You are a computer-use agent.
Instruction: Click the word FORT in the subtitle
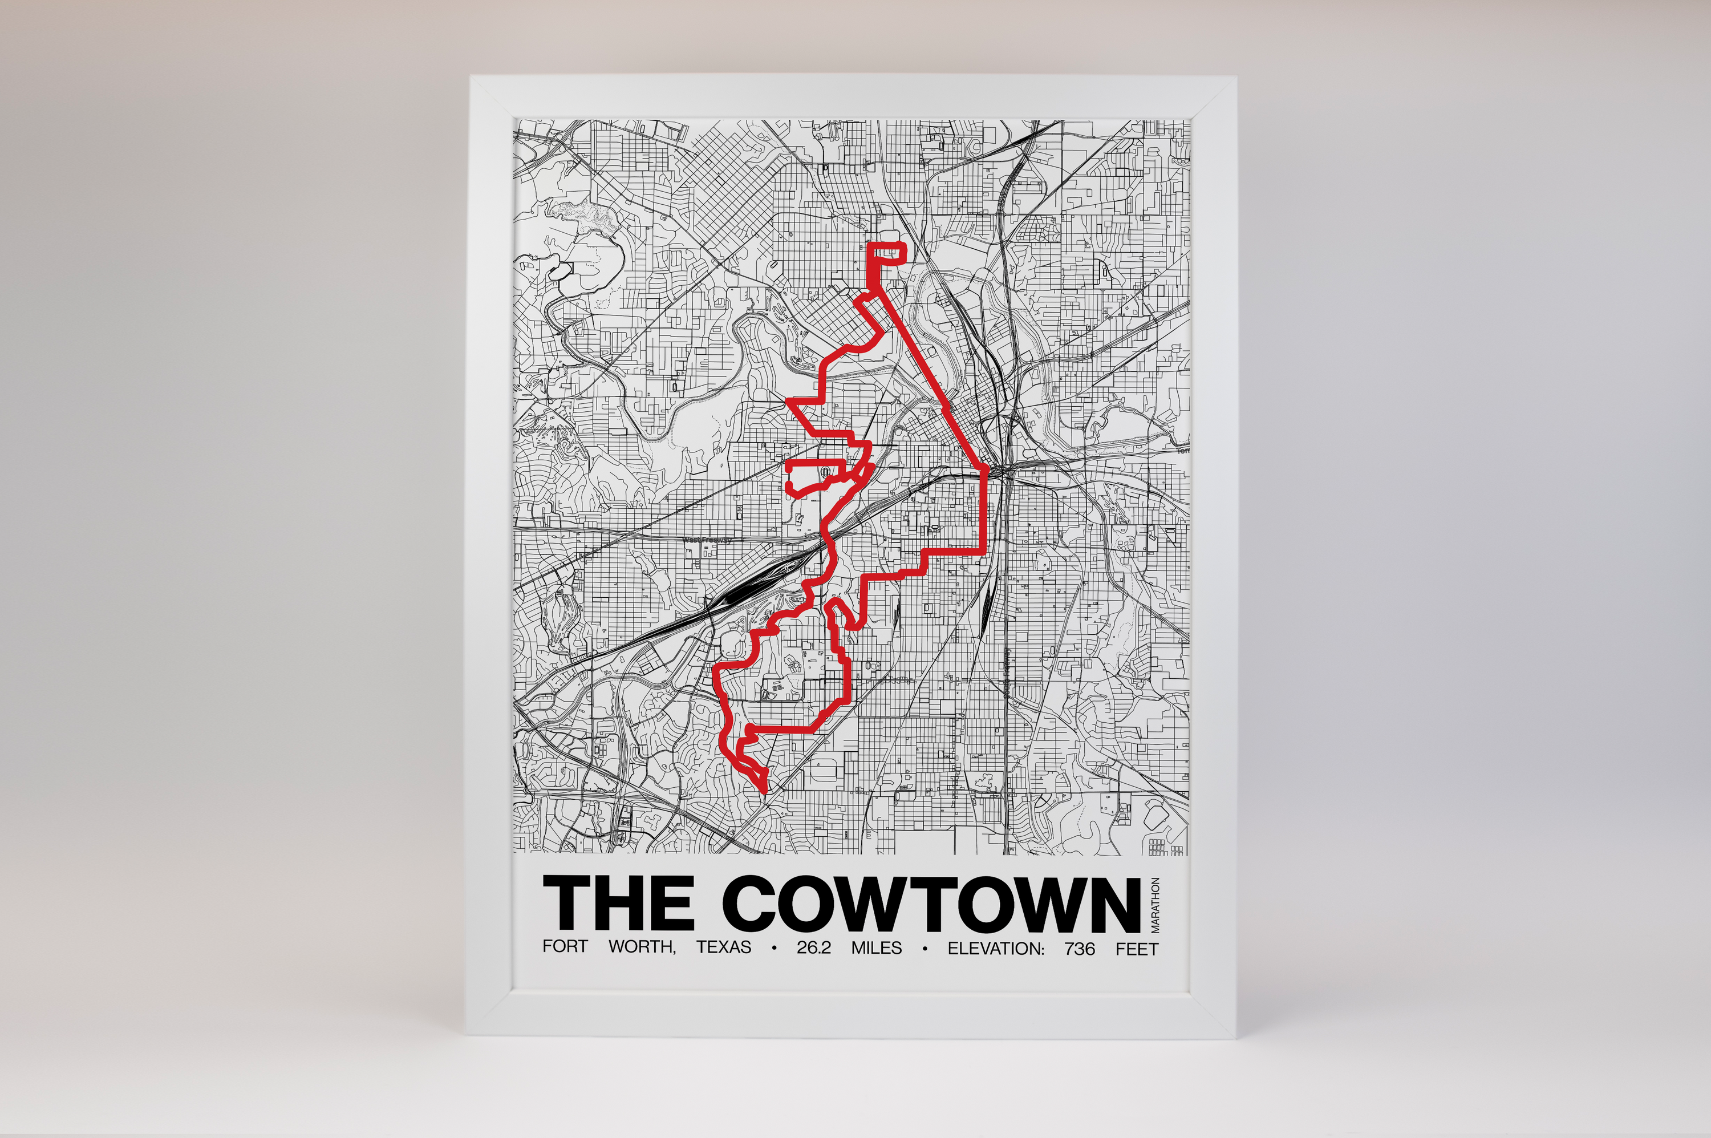(x=565, y=948)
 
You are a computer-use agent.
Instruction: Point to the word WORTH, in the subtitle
(x=642, y=948)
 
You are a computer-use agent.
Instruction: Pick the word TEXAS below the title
(x=723, y=948)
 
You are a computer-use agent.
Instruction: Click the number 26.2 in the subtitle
(x=813, y=948)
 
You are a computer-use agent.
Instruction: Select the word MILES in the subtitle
(x=877, y=948)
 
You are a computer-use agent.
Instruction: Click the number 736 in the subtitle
(x=1080, y=948)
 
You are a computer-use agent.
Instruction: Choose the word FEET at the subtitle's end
(x=1137, y=948)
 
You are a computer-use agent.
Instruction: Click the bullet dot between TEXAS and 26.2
(x=775, y=949)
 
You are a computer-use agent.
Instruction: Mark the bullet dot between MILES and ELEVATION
(x=925, y=949)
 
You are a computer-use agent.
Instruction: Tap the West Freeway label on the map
(x=707, y=540)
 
